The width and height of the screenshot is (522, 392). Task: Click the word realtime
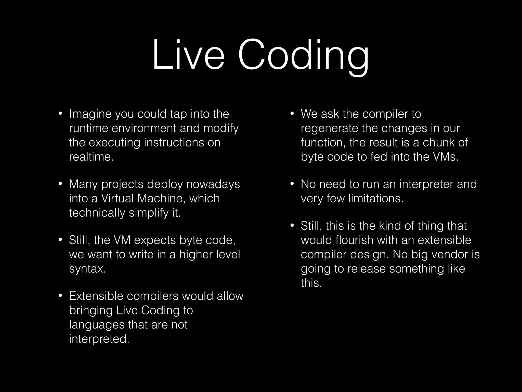[x=91, y=157]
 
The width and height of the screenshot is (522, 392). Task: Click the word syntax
[x=87, y=269]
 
